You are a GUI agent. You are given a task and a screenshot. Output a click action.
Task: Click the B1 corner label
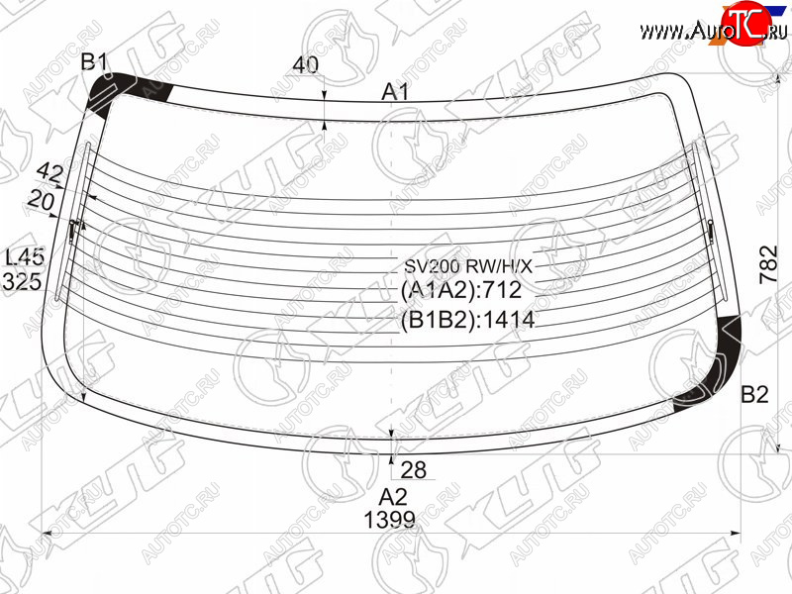pyautogui.click(x=94, y=62)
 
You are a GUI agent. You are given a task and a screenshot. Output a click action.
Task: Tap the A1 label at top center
pyautogui.click(x=394, y=92)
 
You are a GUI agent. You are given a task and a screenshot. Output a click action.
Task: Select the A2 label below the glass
pyautogui.click(x=392, y=498)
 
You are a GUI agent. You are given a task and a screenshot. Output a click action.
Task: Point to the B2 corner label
pyautogui.click(x=754, y=394)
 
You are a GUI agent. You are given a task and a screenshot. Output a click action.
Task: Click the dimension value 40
pyautogui.click(x=306, y=64)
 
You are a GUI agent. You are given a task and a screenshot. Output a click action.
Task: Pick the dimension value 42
pyautogui.click(x=50, y=173)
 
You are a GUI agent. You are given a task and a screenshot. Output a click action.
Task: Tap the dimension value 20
pyautogui.click(x=41, y=201)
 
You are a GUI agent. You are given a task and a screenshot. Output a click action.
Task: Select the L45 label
pyautogui.click(x=24, y=257)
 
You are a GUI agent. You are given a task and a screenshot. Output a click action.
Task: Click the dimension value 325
pyautogui.click(x=22, y=281)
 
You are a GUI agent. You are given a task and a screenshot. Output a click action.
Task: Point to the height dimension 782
pyautogui.click(x=768, y=264)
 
